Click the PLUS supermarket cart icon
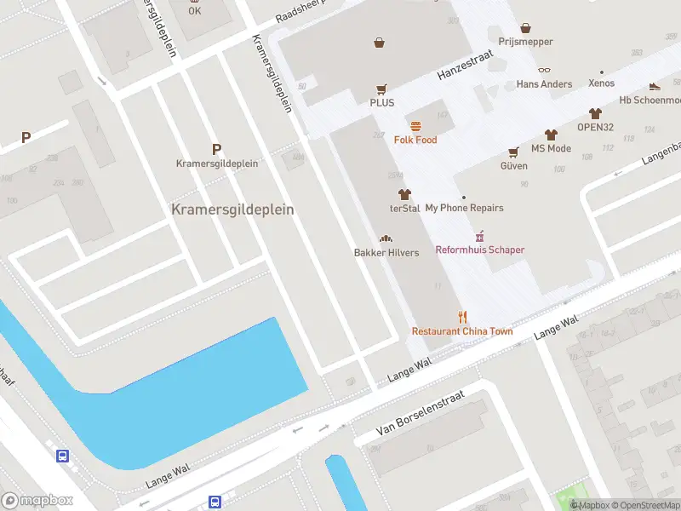[381, 89]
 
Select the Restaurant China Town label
[462, 331]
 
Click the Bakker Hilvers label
[386, 253]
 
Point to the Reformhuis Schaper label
[480, 250]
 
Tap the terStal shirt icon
[404, 195]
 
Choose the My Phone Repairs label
[464, 208]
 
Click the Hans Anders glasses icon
[545, 72]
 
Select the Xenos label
[602, 84]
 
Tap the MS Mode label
[551, 148]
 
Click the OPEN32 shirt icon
[595, 113]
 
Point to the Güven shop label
[513, 166]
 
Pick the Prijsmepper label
[525, 42]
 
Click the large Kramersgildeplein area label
[232, 209]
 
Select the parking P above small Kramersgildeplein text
[216, 148]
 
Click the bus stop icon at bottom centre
[215, 502]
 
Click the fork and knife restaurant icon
[462, 317]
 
